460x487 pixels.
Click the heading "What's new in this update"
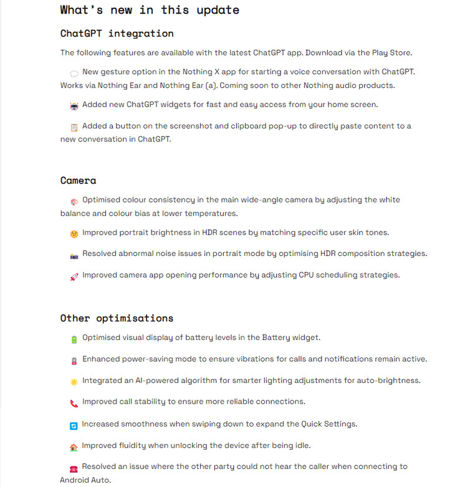(150, 10)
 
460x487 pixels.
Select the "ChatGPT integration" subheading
(117, 34)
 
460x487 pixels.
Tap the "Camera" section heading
(79, 181)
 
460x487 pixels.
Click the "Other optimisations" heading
(117, 318)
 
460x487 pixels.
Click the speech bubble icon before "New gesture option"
(74, 73)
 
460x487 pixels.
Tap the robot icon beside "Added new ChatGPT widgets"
(74, 106)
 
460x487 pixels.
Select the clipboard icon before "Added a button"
(74, 128)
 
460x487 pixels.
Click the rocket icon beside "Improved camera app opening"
(74, 277)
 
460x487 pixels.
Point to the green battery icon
(74, 339)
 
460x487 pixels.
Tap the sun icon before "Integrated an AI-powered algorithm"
(74, 382)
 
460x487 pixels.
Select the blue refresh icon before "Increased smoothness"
(74, 426)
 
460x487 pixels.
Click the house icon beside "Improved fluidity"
(74, 447)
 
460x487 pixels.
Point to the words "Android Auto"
(85, 480)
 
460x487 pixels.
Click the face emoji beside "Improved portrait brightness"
(74, 234)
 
